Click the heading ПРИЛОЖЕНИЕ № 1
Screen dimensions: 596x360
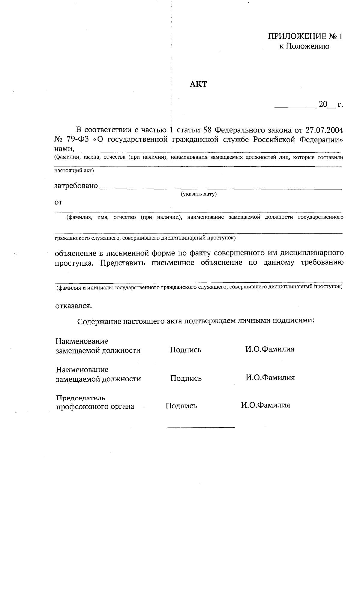[x=305, y=37]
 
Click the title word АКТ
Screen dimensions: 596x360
[x=198, y=84]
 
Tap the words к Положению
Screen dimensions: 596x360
[x=304, y=46]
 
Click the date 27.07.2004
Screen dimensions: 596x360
[x=325, y=130]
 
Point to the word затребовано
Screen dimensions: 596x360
[x=76, y=186]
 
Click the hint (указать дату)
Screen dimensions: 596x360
[x=198, y=194]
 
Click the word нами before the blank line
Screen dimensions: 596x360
[x=64, y=149]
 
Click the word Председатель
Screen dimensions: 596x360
[x=81, y=398]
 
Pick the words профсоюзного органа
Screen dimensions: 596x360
[x=95, y=407]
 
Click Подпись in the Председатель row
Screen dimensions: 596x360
[x=181, y=406]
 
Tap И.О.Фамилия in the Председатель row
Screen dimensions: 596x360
[x=265, y=405]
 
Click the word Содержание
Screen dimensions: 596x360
[x=98, y=322]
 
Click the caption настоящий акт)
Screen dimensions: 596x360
[x=74, y=171]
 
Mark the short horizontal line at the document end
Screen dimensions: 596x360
[x=201, y=427]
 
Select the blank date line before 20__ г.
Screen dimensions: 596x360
[x=295, y=107]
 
